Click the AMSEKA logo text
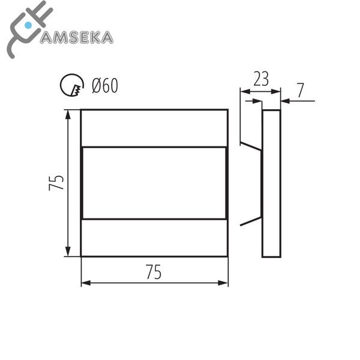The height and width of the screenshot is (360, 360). pyautogui.click(x=77, y=37)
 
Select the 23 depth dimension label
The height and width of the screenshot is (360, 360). pyautogui.click(x=260, y=79)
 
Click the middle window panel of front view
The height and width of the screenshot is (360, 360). pyautogui.click(x=154, y=182)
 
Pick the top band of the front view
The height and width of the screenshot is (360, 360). pyautogui.click(x=154, y=128)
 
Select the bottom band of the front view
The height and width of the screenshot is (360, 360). pyautogui.click(x=154, y=238)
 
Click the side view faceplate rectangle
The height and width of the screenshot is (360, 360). pyautogui.click(x=272, y=183)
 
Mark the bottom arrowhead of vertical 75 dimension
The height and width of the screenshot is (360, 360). pyautogui.click(x=68, y=253)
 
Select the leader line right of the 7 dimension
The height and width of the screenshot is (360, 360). pyautogui.click(x=300, y=101)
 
